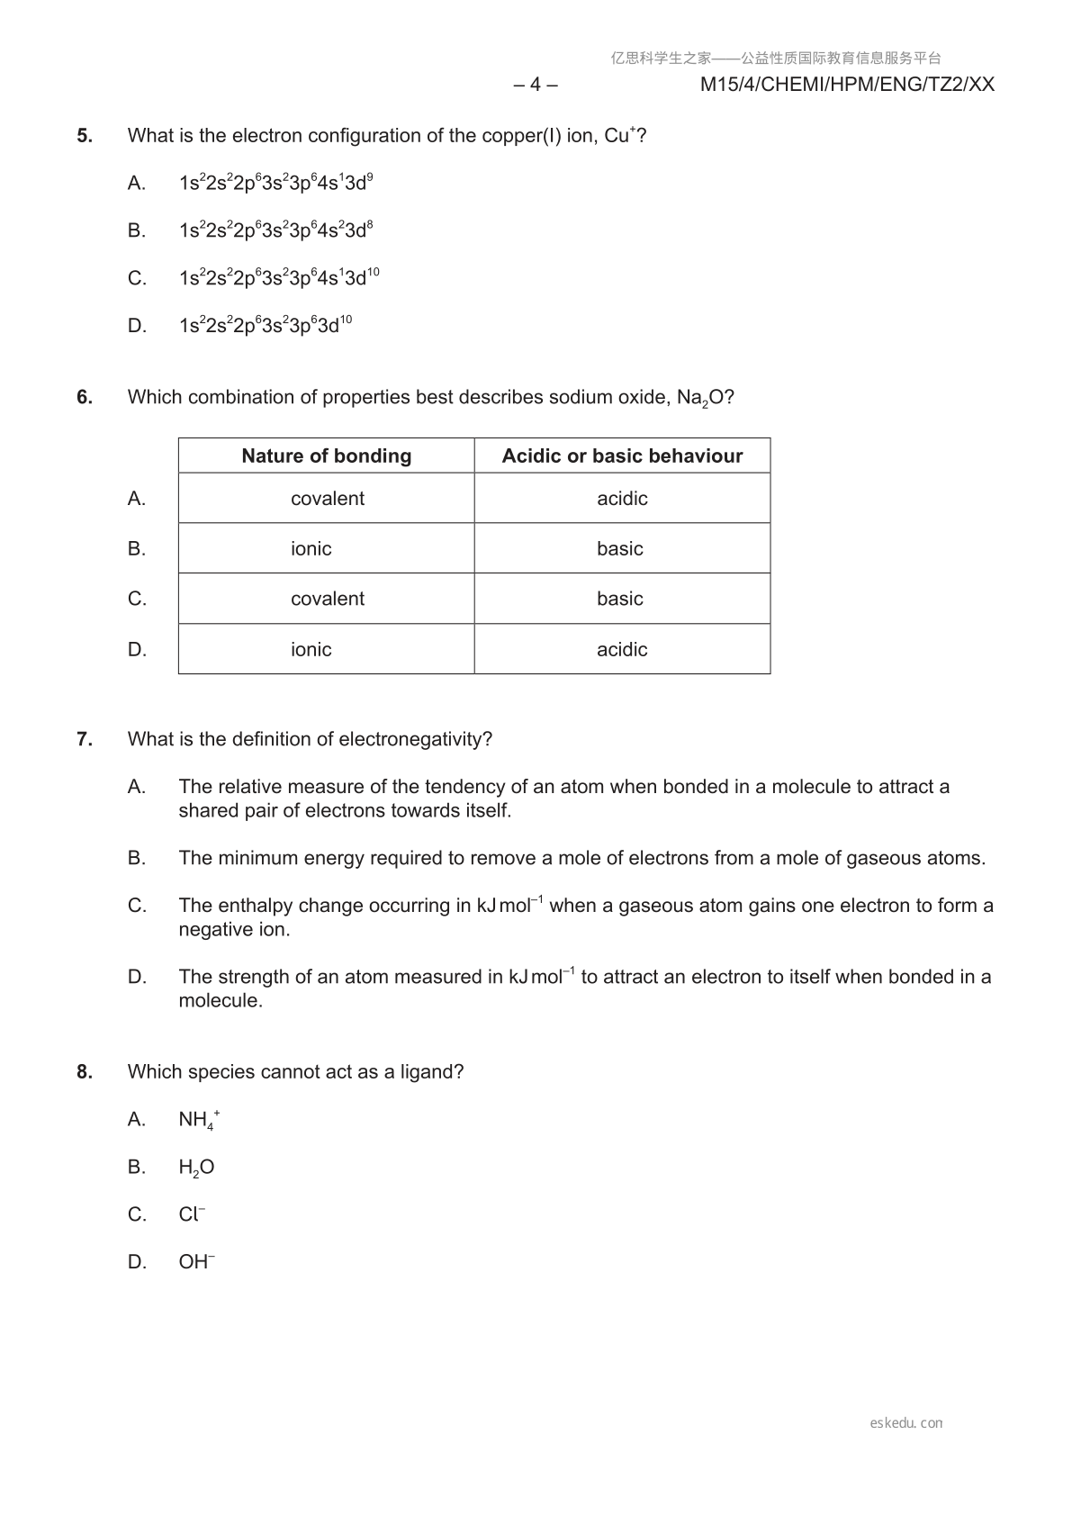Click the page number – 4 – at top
coord(535,85)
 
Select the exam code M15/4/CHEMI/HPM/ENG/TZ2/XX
coord(847,85)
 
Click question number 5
coord(85,136)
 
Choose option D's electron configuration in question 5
coord(265,325)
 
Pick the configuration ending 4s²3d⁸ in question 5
coord(275,230)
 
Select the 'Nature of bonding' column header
coord(326,456)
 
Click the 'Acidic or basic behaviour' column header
coord(622,456)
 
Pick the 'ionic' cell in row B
coord(311,548)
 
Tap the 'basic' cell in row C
coord(620,599)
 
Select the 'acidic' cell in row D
coord(622,649)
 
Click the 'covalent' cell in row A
coord(328,498)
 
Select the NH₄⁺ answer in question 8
coord(199,1120)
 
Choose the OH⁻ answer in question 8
coord(196,1262)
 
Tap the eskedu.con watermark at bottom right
coord(906,1423)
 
